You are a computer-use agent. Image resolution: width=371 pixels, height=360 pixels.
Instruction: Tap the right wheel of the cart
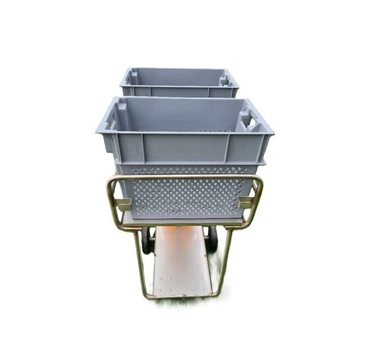(x=212, y=238)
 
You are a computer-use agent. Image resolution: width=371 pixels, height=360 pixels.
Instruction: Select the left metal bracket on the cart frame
(x=123, y=204)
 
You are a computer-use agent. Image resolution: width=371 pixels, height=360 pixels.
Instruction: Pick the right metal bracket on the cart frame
(x=246, y=202)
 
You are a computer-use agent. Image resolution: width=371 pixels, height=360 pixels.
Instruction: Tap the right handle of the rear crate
(x=224, y=79)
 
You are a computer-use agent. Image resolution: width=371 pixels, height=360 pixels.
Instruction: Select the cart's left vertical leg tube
(x=139, y=262)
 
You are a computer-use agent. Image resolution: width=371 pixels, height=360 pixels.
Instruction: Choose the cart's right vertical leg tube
(x=225, y=260)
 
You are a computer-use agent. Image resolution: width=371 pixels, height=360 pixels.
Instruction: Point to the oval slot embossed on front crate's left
(x=132, y=149)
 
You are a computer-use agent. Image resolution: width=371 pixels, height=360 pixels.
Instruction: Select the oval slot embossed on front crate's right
(x=237, y=148)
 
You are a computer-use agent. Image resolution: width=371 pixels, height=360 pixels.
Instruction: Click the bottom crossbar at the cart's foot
(x=182, y=296)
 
